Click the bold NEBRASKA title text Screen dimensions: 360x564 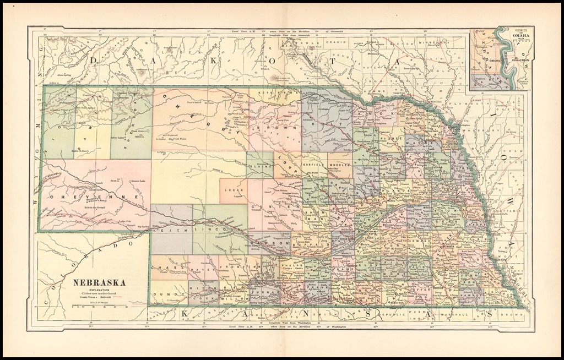coord(100,282)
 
